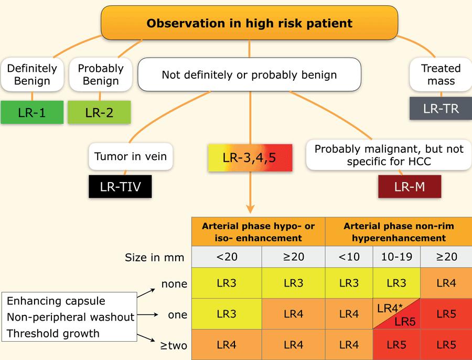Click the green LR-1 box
point(32,112)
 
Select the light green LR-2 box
point(99,112)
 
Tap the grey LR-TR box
point(441,109)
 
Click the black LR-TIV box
point(120,186)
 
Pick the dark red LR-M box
point(410,186)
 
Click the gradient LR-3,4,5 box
point(250,158)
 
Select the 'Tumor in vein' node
point(131,156)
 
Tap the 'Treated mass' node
point(441,75)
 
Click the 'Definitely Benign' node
point(32,75)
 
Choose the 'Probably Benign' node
point(101,75)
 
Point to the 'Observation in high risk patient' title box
point(249,23)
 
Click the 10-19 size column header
point(397,257)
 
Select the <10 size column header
point(349,257)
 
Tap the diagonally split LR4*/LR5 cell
point(397,314)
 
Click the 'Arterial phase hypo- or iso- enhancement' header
point(258,231)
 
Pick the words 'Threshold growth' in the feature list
point(53,333)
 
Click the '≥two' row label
point(174,345)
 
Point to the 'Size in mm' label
point(154,258)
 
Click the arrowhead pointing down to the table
point(250,208)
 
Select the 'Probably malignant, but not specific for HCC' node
point(389,155)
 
